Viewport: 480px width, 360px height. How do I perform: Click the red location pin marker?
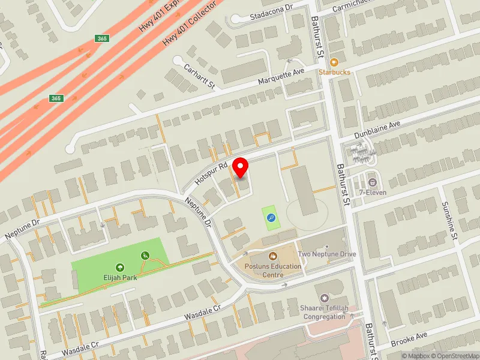pos(240,166)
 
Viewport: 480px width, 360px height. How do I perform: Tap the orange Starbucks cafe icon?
pos(334,62)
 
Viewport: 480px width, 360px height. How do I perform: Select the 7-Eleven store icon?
pos(373,182)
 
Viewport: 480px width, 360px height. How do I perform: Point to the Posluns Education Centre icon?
pos(272,256)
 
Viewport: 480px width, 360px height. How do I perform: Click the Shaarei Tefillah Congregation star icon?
pos(325,298)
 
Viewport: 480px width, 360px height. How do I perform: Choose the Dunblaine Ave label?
pos(377,128)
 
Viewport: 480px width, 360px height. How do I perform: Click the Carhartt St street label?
pos(199,76)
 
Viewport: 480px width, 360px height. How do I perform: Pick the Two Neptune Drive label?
pos(326,254)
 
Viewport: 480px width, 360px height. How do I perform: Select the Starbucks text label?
pos(334,72)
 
